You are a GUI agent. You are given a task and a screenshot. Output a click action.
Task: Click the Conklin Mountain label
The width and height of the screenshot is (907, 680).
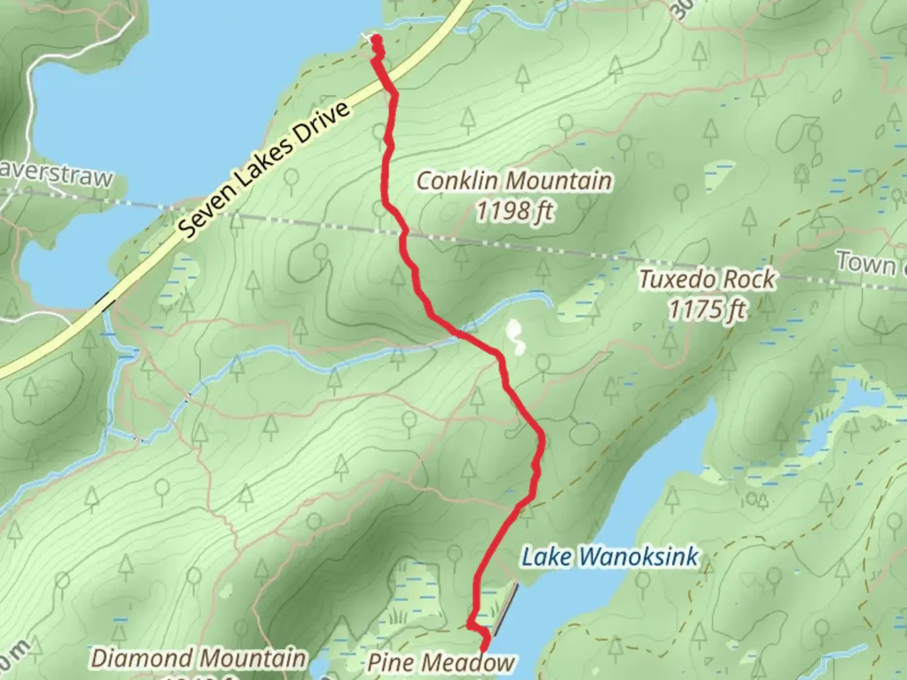pyautogui.click(x=514, y=181)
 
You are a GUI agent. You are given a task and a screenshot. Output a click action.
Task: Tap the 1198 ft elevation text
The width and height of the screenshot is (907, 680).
pyautogui.click(x=514, y=212)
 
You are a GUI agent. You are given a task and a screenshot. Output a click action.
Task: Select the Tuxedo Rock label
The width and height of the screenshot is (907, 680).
pyautogui.click(x=707, y=279)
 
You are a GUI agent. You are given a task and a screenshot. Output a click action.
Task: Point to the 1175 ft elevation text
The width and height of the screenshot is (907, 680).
pyautogui.click(x=707, y=309)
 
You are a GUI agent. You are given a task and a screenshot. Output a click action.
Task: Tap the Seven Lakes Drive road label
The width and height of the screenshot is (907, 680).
pyautogui.click(x=265, y=170)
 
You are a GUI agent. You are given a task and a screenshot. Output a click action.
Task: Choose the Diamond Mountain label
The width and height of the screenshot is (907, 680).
pyautogui.click(x=199, y=659)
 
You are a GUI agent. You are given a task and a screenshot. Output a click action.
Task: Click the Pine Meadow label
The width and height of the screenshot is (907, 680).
pyautogui.click(x=441, y=662)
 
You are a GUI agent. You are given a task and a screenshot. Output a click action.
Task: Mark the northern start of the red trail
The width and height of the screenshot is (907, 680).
pyautogui.click(x=377, y=42)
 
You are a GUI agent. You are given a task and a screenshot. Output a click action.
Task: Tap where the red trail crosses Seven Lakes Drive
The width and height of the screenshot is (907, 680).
pyautogui.click(x=388, y=85)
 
